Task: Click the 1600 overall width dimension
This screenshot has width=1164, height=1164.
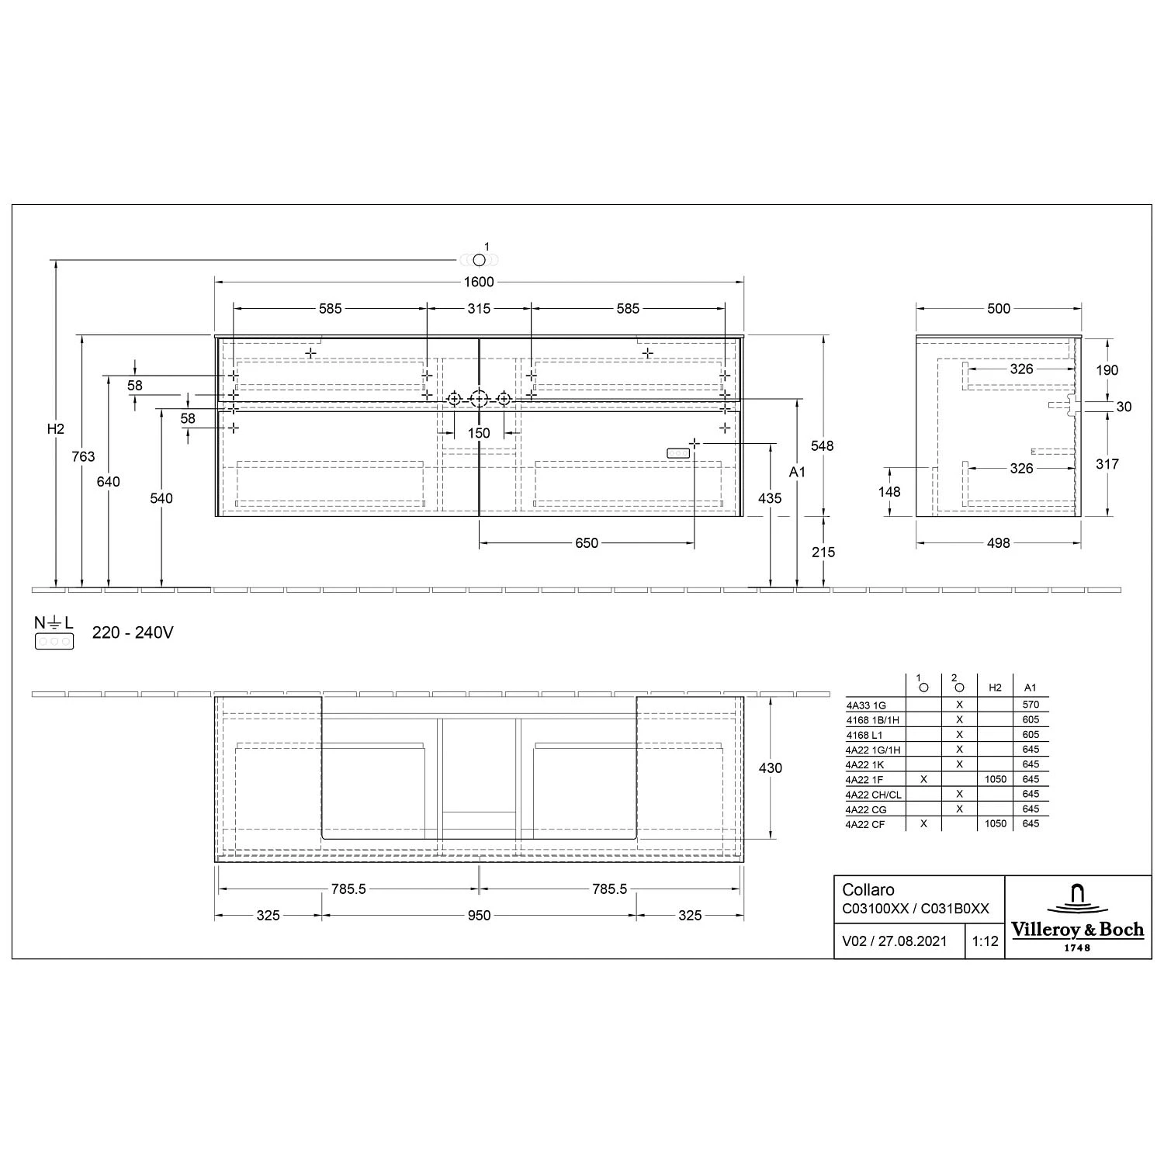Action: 479,282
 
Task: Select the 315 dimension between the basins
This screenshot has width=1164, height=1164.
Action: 479,308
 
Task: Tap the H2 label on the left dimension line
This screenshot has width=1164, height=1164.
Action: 55,429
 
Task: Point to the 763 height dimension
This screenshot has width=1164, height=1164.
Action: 83,456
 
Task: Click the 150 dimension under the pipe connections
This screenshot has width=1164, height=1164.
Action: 479,433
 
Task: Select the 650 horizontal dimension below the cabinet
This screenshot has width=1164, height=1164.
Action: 587,543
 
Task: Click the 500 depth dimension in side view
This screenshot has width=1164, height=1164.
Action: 999,308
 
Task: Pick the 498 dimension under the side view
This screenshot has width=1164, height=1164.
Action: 998,543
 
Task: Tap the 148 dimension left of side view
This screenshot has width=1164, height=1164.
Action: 889,491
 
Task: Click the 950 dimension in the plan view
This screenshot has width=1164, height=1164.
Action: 479,916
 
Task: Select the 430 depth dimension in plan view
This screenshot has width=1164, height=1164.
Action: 770,767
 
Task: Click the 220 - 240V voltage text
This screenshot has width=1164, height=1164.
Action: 133,632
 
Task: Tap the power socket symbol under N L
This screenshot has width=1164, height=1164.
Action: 54,641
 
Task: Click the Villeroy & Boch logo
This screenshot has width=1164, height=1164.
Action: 1077,917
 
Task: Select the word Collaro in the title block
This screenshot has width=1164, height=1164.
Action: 868,890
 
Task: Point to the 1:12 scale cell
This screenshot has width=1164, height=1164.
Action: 985,941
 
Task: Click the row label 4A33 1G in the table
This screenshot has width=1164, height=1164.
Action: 865,705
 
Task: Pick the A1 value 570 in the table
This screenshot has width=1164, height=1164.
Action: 1031,705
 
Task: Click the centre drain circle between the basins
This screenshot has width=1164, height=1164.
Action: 479,399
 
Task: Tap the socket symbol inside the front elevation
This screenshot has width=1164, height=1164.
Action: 677,452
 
